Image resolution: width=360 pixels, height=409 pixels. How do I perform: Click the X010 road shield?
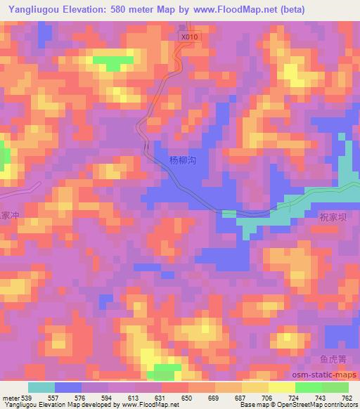186,37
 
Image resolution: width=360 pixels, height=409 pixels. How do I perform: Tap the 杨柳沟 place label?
182,160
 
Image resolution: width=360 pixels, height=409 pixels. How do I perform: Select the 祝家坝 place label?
333,218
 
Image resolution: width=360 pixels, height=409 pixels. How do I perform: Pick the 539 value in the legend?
25,398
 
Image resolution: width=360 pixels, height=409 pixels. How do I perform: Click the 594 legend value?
107,398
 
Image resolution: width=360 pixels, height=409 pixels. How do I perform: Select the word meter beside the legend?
10,398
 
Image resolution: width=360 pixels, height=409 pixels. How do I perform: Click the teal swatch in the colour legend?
41,387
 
